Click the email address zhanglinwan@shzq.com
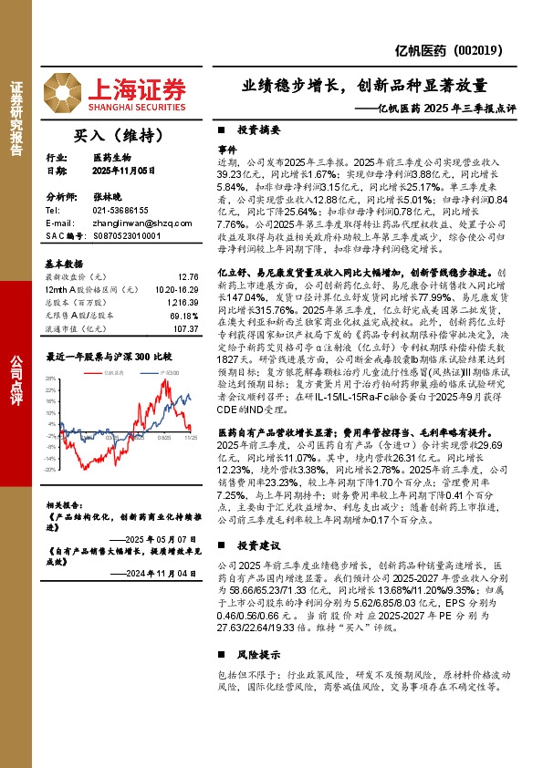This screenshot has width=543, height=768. [130, 223]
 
